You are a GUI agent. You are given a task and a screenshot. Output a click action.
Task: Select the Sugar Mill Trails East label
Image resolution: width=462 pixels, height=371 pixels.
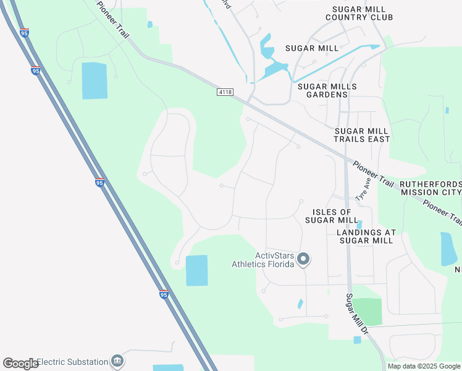(x=362, y=135)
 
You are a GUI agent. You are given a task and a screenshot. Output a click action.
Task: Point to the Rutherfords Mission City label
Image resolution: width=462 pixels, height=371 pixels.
(x=430, y=189)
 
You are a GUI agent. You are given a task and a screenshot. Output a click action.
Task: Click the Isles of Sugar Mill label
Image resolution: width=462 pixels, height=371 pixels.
(x=332, y=216)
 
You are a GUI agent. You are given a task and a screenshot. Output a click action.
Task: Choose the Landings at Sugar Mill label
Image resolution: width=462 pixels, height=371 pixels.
(x=365, y=236)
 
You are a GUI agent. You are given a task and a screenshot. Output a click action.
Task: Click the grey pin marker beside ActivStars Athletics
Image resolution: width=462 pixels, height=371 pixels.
(x=303, y=259)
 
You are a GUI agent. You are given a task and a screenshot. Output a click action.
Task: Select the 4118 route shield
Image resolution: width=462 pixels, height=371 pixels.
(x=225, y=92)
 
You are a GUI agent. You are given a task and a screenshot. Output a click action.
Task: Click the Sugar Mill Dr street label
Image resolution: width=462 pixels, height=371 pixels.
(x=357, y=316)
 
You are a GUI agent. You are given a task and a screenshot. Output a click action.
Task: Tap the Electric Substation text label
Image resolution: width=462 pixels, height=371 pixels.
(x=72, y=361)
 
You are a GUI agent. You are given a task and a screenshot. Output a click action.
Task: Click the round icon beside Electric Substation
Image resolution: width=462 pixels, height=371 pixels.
(x=117, y=361)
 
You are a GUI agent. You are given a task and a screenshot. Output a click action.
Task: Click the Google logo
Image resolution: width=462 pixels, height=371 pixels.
(x=20, y=363)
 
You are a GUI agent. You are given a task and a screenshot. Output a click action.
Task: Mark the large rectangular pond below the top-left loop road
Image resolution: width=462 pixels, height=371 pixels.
(x=94, y=80)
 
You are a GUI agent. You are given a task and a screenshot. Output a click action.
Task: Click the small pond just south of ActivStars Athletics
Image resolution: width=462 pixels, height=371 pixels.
(x=300, y=304)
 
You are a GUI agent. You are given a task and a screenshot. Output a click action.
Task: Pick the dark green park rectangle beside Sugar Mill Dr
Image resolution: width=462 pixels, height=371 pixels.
(x=367, y=312)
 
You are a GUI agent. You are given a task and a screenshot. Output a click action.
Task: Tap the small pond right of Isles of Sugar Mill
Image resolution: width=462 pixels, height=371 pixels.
(x=359, y=224)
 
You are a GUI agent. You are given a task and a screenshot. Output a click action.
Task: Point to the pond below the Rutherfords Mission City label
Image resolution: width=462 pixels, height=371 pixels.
(x=447, y=249)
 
